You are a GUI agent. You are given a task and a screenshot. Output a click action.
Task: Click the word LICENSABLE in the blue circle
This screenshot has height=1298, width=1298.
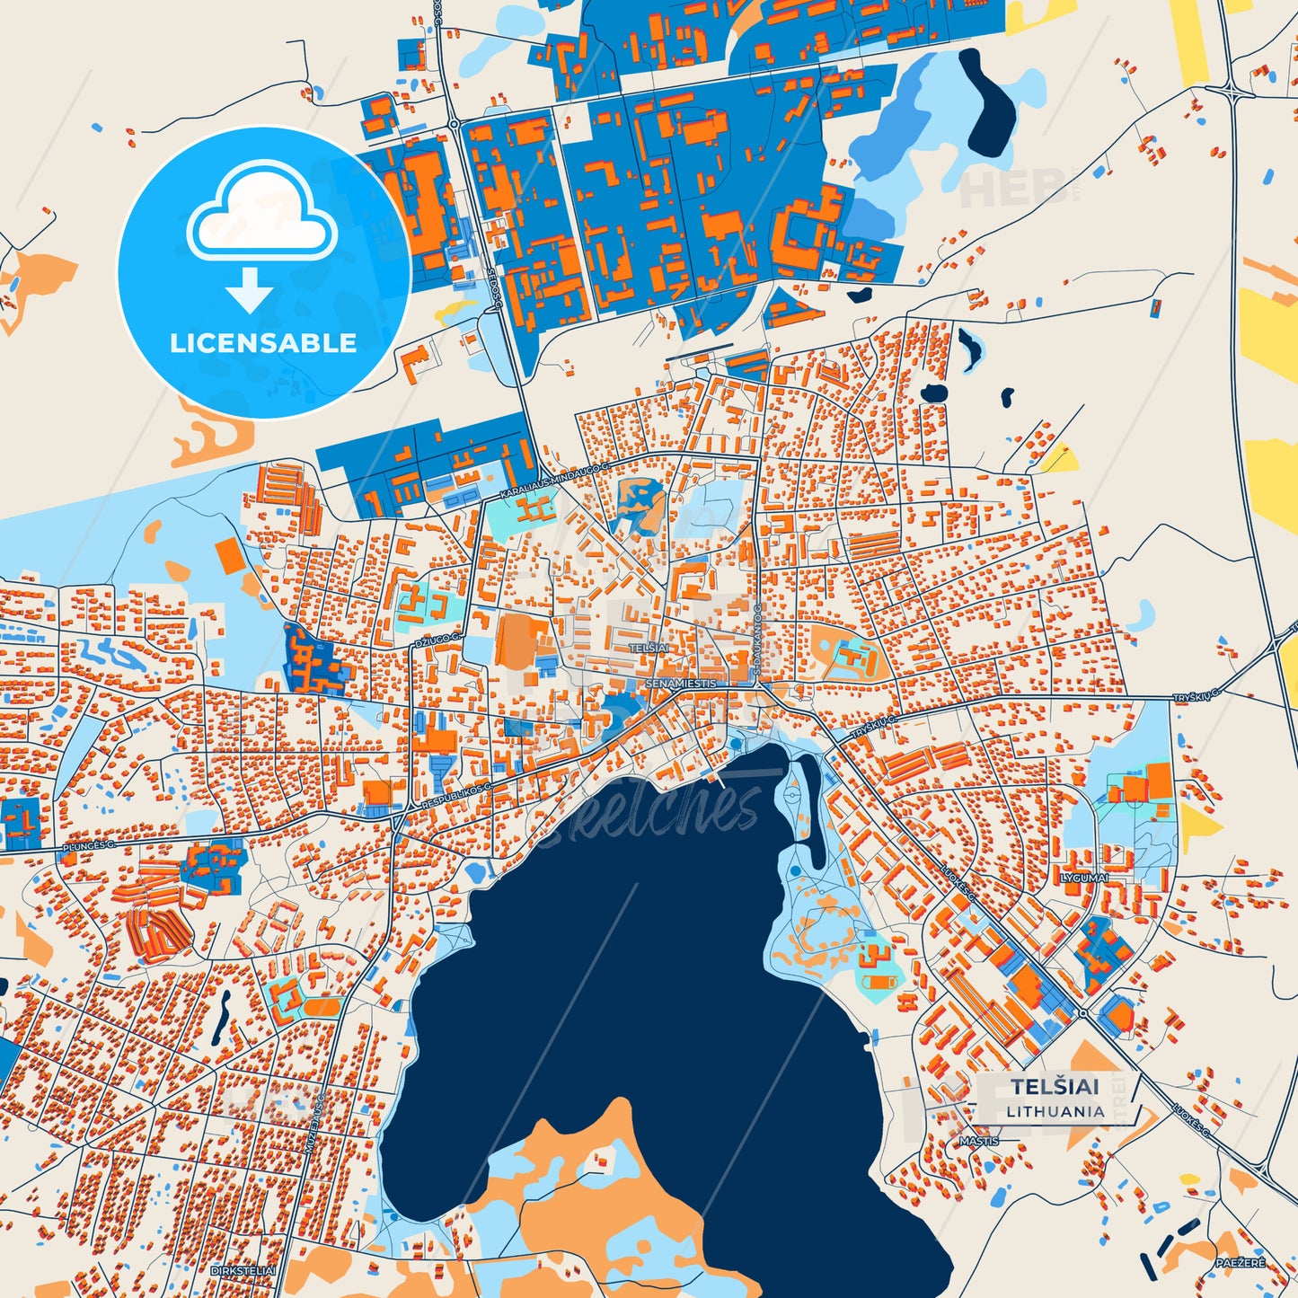[x=263, y=343]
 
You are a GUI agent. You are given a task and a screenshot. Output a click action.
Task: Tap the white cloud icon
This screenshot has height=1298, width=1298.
[x=261, y=216]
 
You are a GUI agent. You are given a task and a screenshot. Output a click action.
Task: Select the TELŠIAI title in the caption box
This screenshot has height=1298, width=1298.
[x=1055, y=1087]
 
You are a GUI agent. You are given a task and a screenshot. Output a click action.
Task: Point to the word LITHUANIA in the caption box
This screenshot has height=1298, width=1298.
[x=1055, y=1111]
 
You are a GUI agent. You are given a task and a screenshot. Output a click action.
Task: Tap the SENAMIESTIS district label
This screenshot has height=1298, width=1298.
[x=682, y=684]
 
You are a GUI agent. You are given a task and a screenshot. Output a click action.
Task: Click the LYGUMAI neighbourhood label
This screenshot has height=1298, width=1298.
[x=1084, y=878]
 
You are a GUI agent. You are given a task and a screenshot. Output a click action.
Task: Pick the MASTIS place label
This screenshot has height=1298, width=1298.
[x=978, y=1141]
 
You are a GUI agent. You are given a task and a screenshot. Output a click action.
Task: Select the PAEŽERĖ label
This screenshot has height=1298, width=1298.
[x=1241, y=1263]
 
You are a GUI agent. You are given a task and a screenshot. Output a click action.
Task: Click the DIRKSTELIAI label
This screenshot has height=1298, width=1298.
[x=243, y=1271]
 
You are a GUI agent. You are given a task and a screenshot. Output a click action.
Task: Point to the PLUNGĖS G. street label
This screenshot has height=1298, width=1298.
[x=89, y=846]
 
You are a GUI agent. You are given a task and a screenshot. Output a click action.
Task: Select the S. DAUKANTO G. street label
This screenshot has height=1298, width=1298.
[x=757, y=639]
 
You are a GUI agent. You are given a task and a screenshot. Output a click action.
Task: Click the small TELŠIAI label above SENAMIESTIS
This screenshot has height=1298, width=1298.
[x=649, y=648]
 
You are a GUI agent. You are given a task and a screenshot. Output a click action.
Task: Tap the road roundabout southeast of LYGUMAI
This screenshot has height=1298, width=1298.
[x=1083, y=1013]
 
